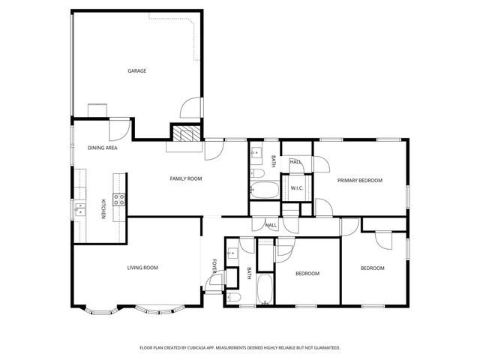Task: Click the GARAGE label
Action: click(x=136, y=71)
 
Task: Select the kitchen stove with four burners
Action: click(x=118, y=199)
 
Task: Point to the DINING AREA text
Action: click(x=101, y=148)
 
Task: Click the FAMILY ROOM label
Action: click(x=186, y=178)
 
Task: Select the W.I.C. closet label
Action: click(x=296, y=188)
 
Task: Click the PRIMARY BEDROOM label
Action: click(x=359, y=181)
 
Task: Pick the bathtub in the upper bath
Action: click(x=264, y=191)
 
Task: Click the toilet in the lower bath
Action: click(x=233, y=298)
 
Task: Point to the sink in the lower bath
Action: click(x=233, y=253)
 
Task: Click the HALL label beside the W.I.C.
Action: click(x=295, y=162)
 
